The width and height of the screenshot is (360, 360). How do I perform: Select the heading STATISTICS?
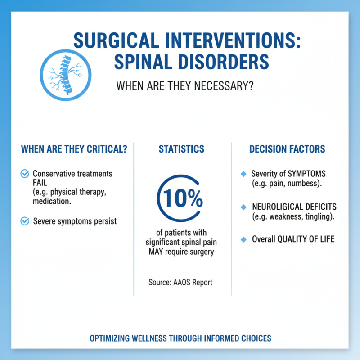[x=181, y=149]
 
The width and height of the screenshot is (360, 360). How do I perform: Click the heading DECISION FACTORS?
[x=287, y=149]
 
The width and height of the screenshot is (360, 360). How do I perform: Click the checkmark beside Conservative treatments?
[x=25, y=173]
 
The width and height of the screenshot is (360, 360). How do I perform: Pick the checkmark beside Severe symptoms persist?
[x=25, y=220]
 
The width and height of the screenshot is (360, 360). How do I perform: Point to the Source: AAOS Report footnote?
[x=180, y=283]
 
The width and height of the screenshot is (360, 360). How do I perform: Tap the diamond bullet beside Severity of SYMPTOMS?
[x=244, y=174]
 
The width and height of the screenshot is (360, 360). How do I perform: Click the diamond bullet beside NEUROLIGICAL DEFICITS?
[x=244, y=207]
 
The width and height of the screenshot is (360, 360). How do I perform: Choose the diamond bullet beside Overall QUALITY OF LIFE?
[x=244, y=239]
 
